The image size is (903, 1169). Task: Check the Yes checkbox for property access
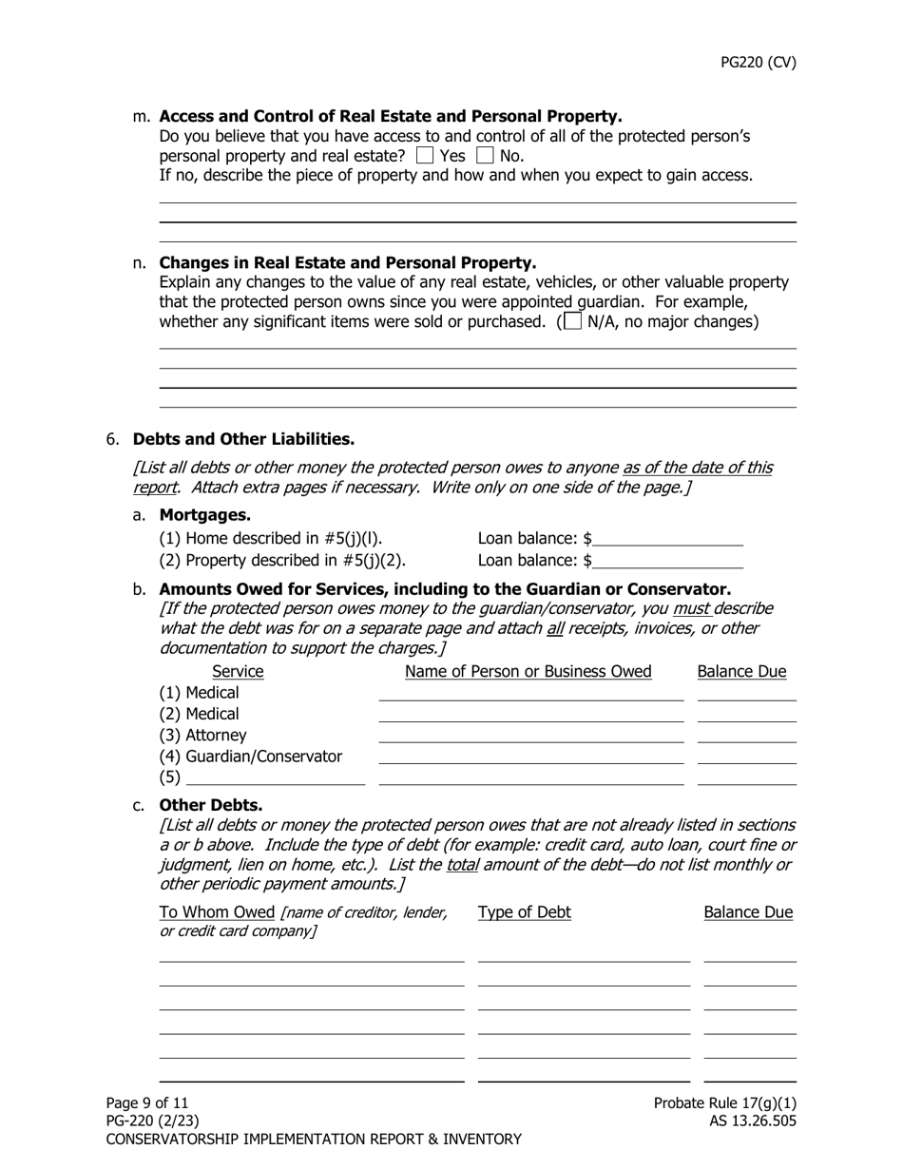click(x=425, y=156)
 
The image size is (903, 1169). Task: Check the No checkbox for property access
click(x=485, y=156)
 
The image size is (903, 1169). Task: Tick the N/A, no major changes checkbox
click(x=572, y=321)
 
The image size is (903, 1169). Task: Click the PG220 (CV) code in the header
click(x=758, y=63)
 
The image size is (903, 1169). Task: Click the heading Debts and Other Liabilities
click(x=243, y=439)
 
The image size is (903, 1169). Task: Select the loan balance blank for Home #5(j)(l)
click(x=667, y=539)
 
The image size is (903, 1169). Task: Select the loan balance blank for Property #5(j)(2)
click(x=667, y=561)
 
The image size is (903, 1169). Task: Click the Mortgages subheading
click(x=205, y=515)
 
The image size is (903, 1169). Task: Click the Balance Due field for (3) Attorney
click(x=746, y=736)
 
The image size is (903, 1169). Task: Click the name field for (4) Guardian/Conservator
click(x=530, y=757)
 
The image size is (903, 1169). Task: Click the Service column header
click(x=238, y=672)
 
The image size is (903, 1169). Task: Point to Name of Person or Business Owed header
click(x=528, y=672)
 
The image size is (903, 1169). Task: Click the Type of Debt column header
click(x=525, y=912)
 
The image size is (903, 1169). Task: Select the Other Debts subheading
click(x=211, y=805)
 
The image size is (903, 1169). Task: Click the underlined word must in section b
click(x=691, y=608)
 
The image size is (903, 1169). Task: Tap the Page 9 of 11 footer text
click(x=147, y=1103)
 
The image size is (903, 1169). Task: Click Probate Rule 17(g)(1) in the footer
click(x=725, y=1103)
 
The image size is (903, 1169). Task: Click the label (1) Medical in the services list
click(x=200, y=693)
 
